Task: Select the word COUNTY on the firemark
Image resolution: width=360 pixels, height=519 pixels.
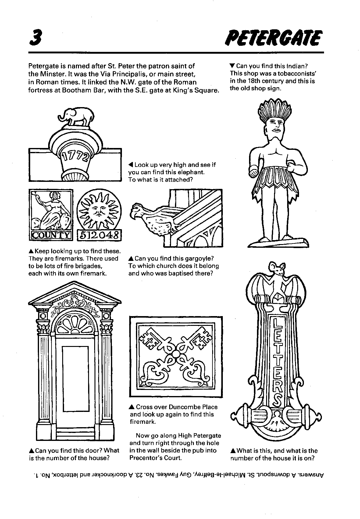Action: click(x=51, y=235)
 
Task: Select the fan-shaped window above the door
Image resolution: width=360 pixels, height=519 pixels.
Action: click(x=74, y=324)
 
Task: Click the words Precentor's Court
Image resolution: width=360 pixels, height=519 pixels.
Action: click(x=155, y=458)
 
